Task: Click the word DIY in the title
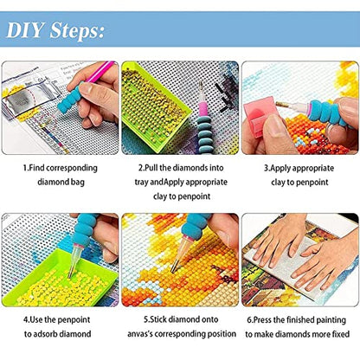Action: (x=25, y=30)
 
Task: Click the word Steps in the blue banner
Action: (x=77, y=31)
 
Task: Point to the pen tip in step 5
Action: (x=173, y=271)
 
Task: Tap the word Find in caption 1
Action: (x=36, y=168)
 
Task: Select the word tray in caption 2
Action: (x=142, y=183)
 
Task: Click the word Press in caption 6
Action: (x=263, y=320)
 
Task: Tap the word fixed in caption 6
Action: (x=340, y=334)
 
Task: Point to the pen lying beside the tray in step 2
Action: (x=203, y=119)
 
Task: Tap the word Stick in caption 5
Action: (x=158, y=320)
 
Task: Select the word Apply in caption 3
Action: (x=278, y=169)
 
